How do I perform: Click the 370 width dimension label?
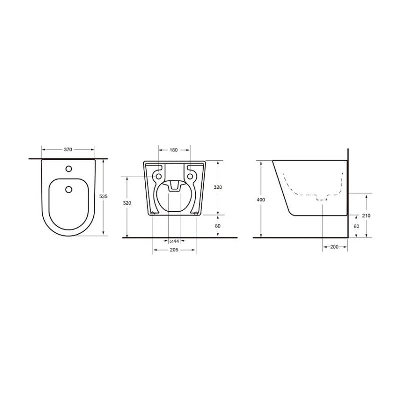[68, 150]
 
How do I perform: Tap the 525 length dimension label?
[103, 196]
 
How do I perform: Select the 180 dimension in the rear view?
[173, 150]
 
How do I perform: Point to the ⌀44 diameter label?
[174, 241]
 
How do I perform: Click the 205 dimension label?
[174, 250]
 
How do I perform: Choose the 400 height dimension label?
[261, 200]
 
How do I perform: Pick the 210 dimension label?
[366, 216]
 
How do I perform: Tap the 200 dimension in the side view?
[334, 247]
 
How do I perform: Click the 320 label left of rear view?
[127, 203]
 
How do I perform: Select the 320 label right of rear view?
[218, 187]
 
